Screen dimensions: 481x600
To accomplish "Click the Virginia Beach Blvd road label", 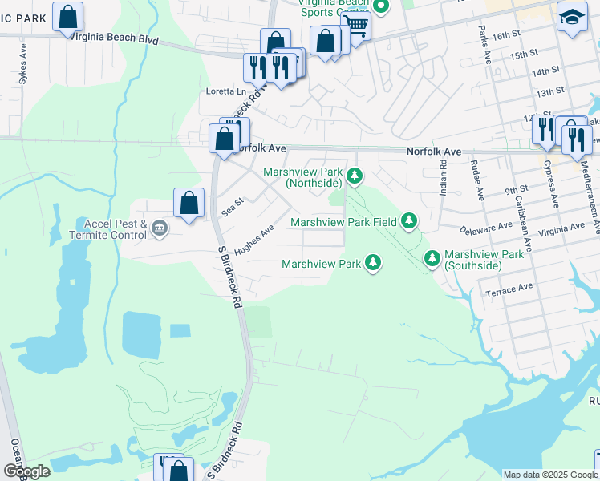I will tap(114, 38).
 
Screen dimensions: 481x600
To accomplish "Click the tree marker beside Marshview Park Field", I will tap(409, 220).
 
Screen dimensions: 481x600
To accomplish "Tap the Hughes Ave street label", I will tap(254, 239).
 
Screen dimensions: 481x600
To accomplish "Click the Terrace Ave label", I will tap(509, 289).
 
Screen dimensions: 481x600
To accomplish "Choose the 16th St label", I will tap(507, 36).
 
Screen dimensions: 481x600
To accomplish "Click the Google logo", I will tap(26, 471).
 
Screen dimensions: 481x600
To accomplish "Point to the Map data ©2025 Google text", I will tap(550, 475).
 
